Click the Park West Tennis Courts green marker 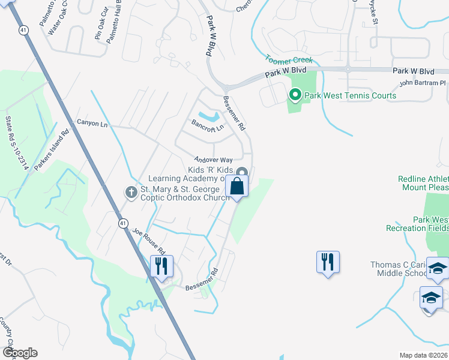(x=295, y=95)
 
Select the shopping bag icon (x=237, y=187)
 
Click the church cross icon (x=131, y=192)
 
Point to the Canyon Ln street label (x=92, y=122)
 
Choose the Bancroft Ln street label (x=207, y=127)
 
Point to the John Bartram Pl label (x=423, y=83)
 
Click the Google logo (x=19, y=353)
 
